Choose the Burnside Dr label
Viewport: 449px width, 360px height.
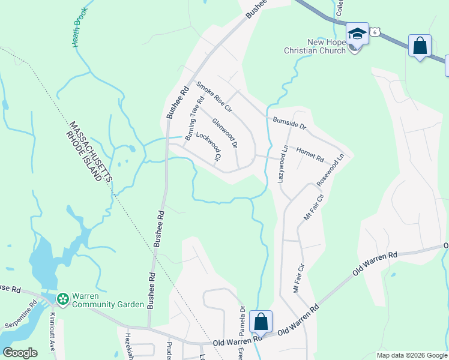click(x=289, y=124)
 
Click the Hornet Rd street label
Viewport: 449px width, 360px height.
click(x=310, y=155)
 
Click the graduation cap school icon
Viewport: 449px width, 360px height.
click(x=357, y=34)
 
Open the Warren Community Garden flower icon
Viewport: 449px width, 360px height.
click(x=62, y=298)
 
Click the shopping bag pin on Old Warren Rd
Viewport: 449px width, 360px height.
click(x=261, y=321)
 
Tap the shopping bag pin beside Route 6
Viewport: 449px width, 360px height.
click(x=420, y=45)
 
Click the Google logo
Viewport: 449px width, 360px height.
click(x=20, y=353)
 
